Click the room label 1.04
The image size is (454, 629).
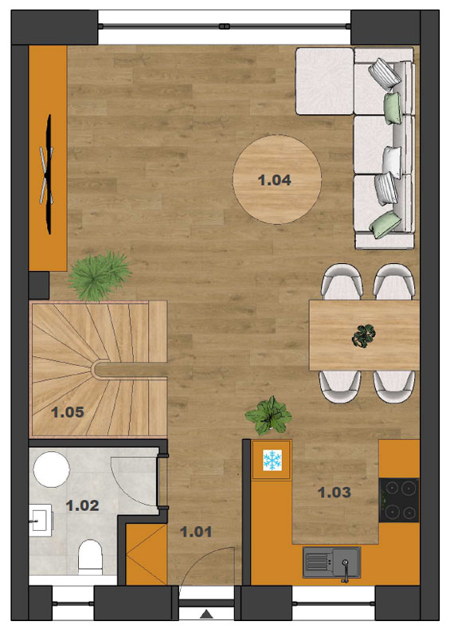[274, 180]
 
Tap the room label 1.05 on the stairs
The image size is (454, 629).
[68, 412]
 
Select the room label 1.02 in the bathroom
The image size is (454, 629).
[82, 505]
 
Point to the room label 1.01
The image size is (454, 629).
[196, 532]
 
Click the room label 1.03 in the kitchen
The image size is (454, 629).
[335, 492]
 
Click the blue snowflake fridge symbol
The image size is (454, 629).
[272, 460]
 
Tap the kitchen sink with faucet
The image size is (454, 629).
[331, 563]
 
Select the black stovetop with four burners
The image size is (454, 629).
[399, 500]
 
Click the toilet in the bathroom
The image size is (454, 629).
[90, 556]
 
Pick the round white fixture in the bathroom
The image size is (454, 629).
[52, 470]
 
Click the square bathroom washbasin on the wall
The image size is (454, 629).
[41, 521]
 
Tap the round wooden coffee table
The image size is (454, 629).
[277, 179]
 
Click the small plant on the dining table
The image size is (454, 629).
[364, 336]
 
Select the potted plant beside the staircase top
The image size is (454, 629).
[99, 276]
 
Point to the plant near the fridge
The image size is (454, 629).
[268, 415]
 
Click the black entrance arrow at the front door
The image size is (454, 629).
[206, 614]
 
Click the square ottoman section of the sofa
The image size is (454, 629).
[325, 81]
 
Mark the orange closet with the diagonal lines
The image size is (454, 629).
[147, 554]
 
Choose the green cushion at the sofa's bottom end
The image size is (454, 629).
[385, 224]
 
